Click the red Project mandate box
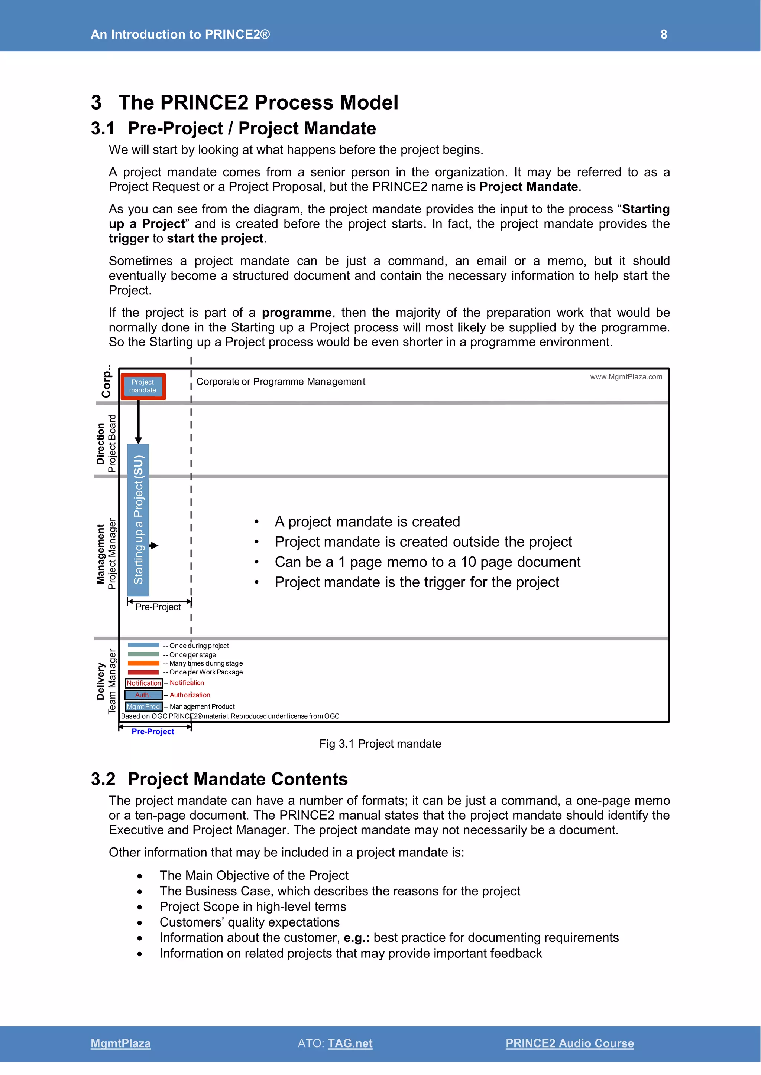click(143, 386)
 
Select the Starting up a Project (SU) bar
click(138, 520)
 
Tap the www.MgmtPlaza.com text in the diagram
click(626, 377)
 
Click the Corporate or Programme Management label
click(280, 382)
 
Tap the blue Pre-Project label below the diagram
click(153, 731)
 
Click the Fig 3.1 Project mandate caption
click(380, 744)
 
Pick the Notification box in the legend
click(144, 683)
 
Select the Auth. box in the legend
click(143, 695)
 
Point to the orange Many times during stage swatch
click(143, 663)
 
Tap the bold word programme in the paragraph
click(296, 313)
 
